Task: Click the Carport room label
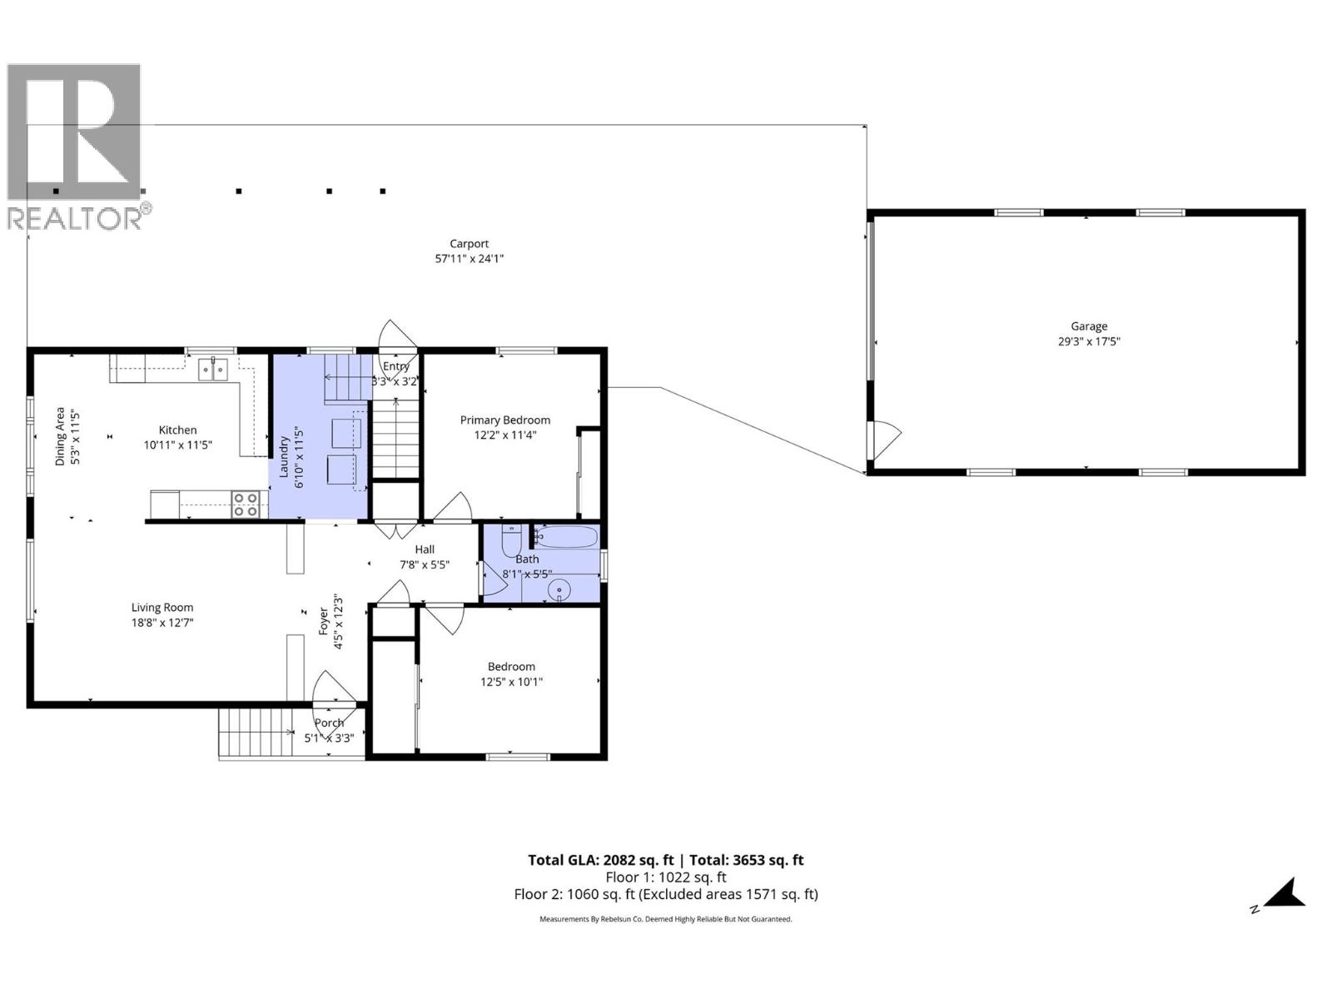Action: [469, 244]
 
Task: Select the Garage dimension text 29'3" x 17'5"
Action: [1089, 341]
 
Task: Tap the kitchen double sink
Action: [213, 369]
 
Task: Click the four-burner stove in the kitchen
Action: [246, 504]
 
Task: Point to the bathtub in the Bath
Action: [566, 537]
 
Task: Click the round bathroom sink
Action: [559, 590]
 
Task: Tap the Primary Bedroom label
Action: [504, 420]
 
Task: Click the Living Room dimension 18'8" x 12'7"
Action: [162, 623]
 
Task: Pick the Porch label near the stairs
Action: [329, 723]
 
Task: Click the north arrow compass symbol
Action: [1283, 894]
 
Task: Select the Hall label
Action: [425, 549]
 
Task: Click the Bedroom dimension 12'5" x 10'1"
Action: [511, 682]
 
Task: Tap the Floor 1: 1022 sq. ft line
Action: [665, 877]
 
